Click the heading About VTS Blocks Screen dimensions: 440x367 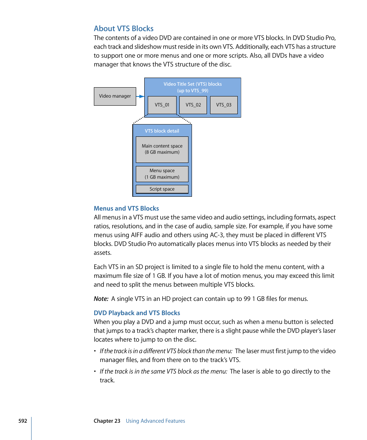(x=123, y=28)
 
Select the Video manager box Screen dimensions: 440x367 (x=115, y=96)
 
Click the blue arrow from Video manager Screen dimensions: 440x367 (x=140, y=96)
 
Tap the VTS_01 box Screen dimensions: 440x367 (x=162, y=105)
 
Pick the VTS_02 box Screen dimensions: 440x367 (x=193, y=105)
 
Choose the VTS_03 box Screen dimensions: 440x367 (x=224, y=105)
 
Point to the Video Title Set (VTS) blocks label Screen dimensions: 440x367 (x=192, y=87)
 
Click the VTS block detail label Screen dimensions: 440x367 (x=162, y=131)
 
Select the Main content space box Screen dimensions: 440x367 (x=162, y=149)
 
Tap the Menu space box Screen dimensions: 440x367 (x=162, y=174)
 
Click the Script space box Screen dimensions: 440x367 (x=162, y=189)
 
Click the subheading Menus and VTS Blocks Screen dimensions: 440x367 (x=126, y=208)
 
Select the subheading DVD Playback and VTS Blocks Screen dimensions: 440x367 (x=137, y=313)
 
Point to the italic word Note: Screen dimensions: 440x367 (x=101, y=299)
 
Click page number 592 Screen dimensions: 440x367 (x=23, y=421)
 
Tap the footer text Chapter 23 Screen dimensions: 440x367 (x=107, y=421)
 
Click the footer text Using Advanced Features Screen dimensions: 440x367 (x=155, y=421)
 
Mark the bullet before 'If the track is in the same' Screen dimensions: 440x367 (x=95, y=372)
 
